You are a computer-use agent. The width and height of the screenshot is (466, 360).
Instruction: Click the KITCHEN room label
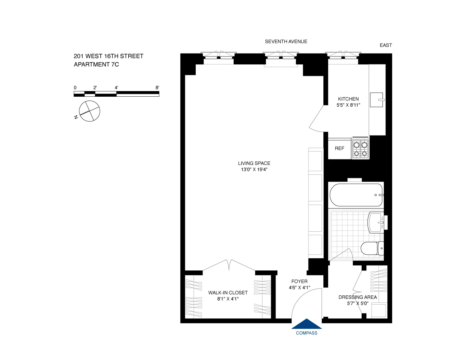pyautogui.click(x=348, y=99)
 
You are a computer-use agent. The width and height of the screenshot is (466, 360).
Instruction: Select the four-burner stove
pyautogui.click(x=360, y=149)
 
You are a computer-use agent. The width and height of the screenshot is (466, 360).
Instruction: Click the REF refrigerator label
pyautogui.click(x=339, y=149)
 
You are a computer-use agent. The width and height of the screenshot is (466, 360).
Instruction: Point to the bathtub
pyautogui.click(x=356, y=195)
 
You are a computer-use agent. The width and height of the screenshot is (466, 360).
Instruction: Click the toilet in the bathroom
pyautogui.click(x=370, y=248)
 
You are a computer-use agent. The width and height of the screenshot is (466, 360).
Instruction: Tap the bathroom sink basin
pyautogui.click(x=376, y=222)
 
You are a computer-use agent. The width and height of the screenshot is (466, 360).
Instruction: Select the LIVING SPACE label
pyautogui.click(x=254, y=163)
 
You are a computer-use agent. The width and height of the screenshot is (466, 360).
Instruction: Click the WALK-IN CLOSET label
pyautogui.click(x=228, y=293)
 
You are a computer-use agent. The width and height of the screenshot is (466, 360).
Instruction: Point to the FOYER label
pyautogui.click(x=299, y=281)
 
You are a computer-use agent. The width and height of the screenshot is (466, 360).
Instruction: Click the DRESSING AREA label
pyautogui.click(x=358, y=297)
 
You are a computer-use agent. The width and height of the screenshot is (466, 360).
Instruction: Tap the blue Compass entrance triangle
pyautogui.click(x=307, y=324)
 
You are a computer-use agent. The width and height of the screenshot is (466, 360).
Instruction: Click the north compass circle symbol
pyautogui.click(x=89, y=111)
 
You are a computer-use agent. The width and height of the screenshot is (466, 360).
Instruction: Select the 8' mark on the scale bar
pyautogui.click(x=157, y=88)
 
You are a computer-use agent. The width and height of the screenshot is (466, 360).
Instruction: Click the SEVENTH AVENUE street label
pyautogui.click(x=286, y=42)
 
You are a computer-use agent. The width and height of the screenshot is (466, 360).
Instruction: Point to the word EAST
pyautogui.click(x=386, y=45)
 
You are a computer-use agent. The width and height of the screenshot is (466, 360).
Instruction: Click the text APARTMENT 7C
pyautogui.click(x=96, y=65)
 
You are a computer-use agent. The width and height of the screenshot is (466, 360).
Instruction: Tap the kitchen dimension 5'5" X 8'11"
pyautogui.click(x=348, y=105)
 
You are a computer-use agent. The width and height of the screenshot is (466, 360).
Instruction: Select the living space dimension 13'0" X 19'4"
pyautogui.click(x=254, y=169)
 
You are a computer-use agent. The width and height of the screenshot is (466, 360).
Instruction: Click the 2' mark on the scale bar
pyautogui.click(x=95, y=88)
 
